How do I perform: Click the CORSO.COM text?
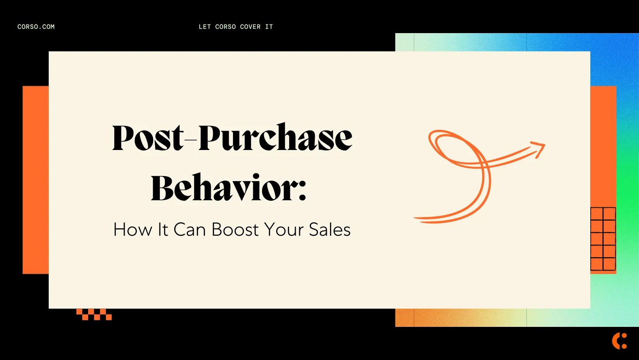point(36,27)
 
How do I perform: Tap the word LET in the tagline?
point(205,27)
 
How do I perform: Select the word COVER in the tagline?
point(250,27)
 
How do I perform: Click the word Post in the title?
point(147,138)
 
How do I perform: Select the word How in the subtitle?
point(132,230)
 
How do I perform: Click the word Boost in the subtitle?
point(235,230)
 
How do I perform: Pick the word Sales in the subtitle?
point(330,230)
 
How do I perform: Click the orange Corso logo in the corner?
point(619,341)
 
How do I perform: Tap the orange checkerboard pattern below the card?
point(94,314)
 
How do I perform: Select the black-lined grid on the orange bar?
point(603,239)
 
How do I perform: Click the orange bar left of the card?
point(35,180)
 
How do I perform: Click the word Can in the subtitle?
point(189,230)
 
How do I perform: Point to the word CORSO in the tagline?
point(225,27)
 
